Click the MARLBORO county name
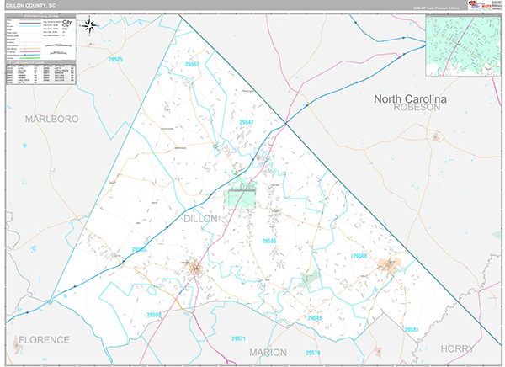(51, 119)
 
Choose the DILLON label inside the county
(199, 218)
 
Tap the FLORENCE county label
(44, 340)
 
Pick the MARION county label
(268, 352)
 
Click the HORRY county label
(458, 347)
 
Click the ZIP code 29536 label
(270, 242)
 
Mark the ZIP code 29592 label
(155, 314)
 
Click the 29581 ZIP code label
(411, 329)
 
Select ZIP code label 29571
(238, 338)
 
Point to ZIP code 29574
(312, 352)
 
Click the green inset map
(461, 47)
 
